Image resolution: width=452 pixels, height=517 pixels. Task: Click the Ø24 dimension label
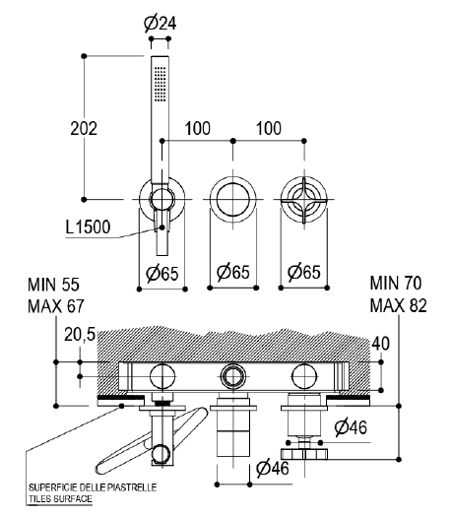click(161, 23)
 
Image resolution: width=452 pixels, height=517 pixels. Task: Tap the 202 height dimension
click(84, 128)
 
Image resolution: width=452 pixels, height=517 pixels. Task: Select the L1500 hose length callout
click(88, 226)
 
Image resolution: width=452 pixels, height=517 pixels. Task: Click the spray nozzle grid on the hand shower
click(161, 84)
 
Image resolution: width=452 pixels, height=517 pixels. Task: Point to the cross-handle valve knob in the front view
click(304, 200)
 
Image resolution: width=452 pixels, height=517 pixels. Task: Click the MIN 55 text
click(53, 285)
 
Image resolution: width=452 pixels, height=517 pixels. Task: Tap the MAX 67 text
click(56, 306)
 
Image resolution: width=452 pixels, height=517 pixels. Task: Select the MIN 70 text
click(396, 283)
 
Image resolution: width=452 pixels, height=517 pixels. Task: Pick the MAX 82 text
click(398, 305)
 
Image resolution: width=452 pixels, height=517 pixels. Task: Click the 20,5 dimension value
click(80, 335)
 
